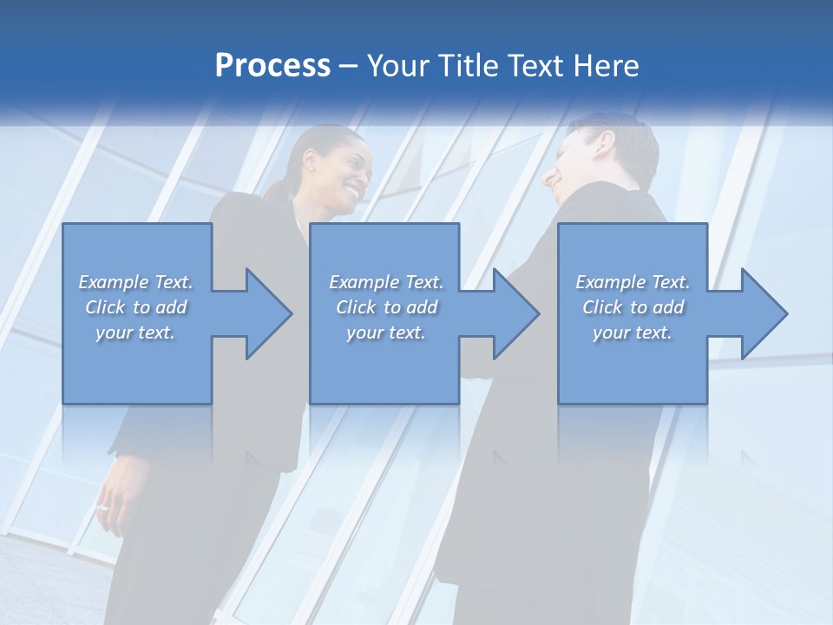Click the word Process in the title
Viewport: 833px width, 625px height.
(272, 65)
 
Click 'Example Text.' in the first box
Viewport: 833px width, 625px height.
(135, 282)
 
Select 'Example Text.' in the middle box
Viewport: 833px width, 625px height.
(386, 282)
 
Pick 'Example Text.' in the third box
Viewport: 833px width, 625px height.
(633, 282)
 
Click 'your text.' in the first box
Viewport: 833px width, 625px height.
(135, 332)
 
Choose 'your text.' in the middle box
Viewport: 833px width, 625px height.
(386, 332)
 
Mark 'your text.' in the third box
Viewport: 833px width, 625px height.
(633, 332)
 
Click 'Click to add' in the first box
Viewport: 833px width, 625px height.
(135, 307)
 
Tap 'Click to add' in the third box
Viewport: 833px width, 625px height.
(633, 307)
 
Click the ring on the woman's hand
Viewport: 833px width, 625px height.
(103, 507)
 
